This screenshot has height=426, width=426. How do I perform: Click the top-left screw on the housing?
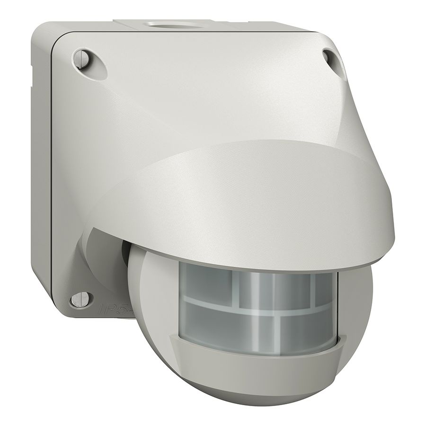(81, 59)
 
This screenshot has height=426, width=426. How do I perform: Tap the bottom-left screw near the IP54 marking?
(78, 299)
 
